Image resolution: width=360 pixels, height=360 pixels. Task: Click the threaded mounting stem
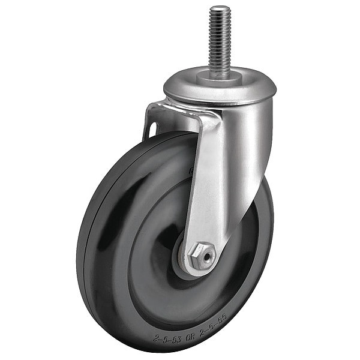point(220,42)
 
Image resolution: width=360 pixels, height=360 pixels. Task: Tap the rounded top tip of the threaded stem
point(220,8)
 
